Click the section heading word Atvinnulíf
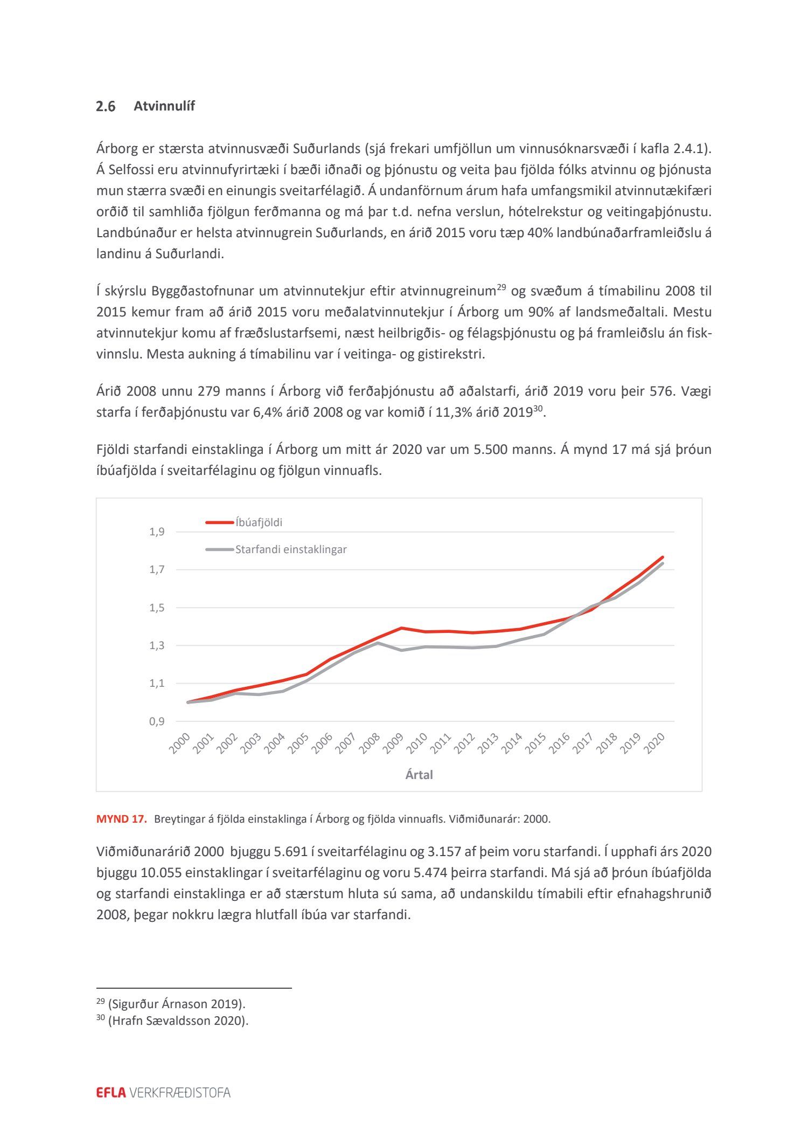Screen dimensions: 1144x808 [x=164, y=106]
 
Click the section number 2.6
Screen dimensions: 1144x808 [x=106, y=107]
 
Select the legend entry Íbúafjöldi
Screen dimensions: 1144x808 [x=259, y=522]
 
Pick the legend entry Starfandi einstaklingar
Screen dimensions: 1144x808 [x=290, y=550]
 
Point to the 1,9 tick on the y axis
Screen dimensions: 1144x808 [x=157, y=532]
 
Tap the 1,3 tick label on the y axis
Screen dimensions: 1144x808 [x=157, y=645]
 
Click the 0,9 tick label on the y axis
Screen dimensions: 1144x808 [x=157, y=721]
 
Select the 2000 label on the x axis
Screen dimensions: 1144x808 [x=180, y=743]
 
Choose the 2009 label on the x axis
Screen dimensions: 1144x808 [x=393, y=743]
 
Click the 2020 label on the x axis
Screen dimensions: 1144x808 [x=654, y=743]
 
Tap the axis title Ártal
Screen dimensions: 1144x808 [x=419, y=775]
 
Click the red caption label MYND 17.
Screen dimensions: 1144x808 [x=121, y=819]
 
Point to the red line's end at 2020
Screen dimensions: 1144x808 [x=662, y=557]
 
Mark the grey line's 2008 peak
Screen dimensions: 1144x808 [x=378, y=643]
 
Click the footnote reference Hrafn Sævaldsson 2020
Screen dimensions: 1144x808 [x=178, y=1021]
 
